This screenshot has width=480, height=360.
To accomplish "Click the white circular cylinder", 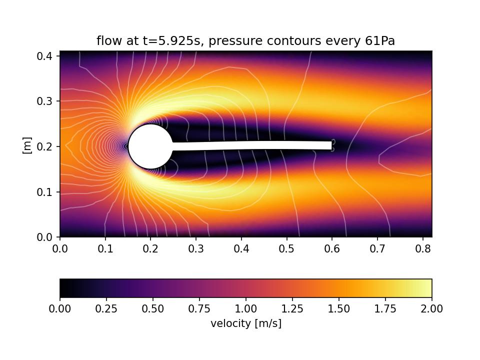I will point(150,146).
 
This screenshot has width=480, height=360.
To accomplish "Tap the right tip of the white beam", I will point(331,145).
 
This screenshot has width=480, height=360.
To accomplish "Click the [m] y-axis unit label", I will point(27,145).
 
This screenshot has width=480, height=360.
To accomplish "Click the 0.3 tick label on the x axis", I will point(196,248).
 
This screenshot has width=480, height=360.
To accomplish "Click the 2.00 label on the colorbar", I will point(431,309).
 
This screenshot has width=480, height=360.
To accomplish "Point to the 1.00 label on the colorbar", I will point(245,309).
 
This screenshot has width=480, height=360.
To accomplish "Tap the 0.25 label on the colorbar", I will point(106,309).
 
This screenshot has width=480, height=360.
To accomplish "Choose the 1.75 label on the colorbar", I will point(385,309).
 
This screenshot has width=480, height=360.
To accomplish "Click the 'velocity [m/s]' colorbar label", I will point(245,323).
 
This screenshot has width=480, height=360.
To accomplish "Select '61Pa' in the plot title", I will point(379,41).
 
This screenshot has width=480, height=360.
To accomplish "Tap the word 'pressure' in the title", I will point(230,41).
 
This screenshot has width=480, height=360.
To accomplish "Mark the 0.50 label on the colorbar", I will point(152,309).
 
